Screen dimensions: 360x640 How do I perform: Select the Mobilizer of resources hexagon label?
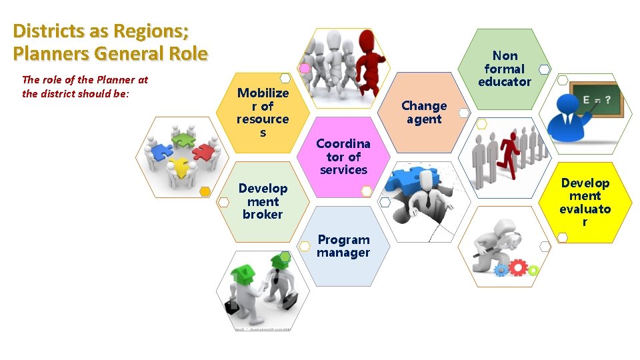coord(263,112)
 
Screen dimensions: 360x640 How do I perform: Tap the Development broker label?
coord(263,201)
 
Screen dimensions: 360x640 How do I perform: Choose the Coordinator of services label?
coord(343,157)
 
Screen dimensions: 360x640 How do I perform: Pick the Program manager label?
coord(343,246)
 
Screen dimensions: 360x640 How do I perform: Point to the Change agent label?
coord(424,112)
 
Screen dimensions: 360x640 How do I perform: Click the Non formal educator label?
coord(505,69)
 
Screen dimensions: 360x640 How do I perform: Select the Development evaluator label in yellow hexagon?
coord(585,201)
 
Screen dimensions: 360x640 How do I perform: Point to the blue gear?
coord(501,270)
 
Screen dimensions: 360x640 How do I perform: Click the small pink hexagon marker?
coord(305,67)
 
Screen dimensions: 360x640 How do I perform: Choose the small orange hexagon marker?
coord(205,192)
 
